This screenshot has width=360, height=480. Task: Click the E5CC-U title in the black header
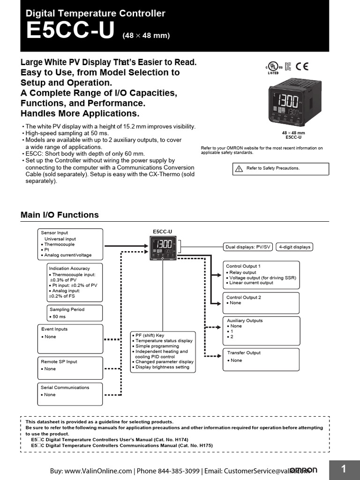pyautogui.click(x=70, y=31)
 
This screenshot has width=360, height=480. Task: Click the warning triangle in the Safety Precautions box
pyautogui.click(x=239, y=168)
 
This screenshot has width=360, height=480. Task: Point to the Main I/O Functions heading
pyautogui.click(x=60, y=215)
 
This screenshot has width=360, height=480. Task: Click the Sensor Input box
pyautogui.click(x=70, y=244)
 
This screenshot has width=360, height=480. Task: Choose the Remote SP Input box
pyautogui.click(x=70, y=368)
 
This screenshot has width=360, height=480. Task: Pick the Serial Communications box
pyautogui.click(x=70, y=394)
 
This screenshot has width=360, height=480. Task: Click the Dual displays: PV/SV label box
pyautogui.click(x=248, y=247)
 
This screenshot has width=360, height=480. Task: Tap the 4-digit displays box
pyautogui.click(x=294, y=247)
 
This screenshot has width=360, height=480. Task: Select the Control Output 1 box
pyautogui.click(x=261, y=275)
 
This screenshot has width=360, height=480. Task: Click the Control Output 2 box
pyautogui.click(x=261, y=303)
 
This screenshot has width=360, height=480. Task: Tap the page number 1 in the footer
pyautogui.click(x=344, y=469)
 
